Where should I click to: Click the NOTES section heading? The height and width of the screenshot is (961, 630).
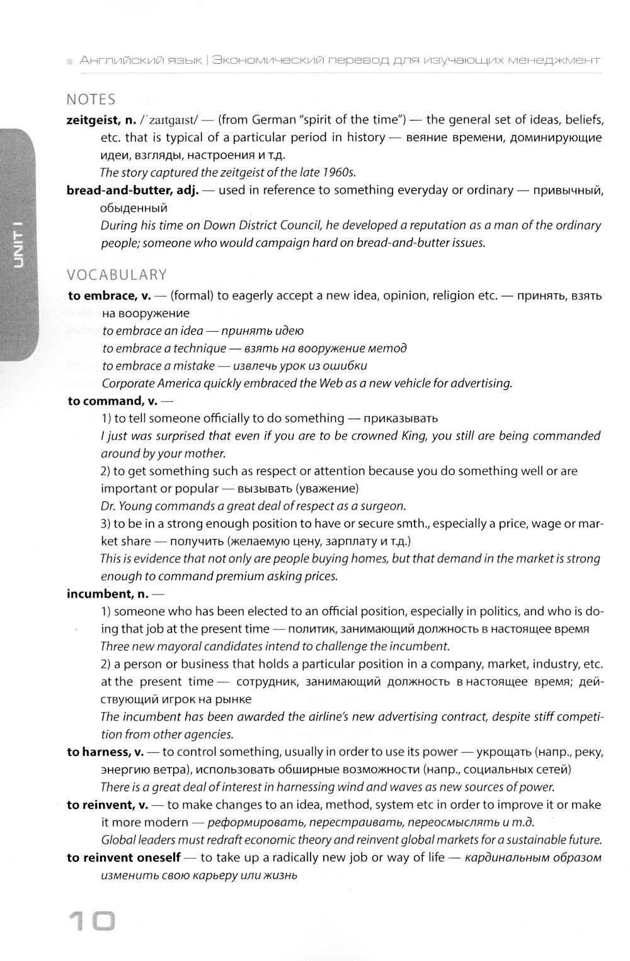click(91, 100)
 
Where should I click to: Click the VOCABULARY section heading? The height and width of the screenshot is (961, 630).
click(117, 275)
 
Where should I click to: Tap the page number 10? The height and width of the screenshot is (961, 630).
click(92, 923)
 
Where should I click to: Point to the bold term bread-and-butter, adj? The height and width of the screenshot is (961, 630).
click(132, 190)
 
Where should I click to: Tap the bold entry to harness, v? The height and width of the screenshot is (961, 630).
click(105, 752)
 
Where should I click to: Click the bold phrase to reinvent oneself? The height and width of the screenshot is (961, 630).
click(123, 858)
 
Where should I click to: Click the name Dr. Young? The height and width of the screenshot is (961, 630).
click(122, 506)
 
